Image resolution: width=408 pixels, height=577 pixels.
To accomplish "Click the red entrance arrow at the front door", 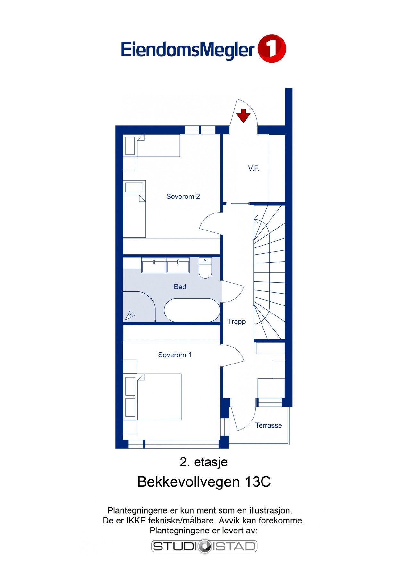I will click(243, 115).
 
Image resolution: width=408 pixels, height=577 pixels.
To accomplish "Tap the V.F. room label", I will click(254, 168).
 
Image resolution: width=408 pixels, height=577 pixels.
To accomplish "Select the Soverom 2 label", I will click(183, 197).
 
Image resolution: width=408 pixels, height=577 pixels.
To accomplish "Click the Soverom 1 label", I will click(175, 355).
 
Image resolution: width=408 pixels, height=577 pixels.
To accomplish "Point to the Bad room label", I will click(180, 287).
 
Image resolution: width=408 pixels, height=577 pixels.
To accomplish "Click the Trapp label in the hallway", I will click(237, 322).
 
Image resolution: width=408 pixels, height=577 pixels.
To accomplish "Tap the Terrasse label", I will click(269, 425).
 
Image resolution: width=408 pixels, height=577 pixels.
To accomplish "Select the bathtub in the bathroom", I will click(192, 310).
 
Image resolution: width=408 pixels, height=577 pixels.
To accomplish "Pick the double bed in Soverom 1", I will click(159, 397).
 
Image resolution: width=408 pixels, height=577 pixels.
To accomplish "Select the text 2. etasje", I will click(204, 462).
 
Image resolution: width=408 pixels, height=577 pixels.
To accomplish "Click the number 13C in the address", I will click(257, 482).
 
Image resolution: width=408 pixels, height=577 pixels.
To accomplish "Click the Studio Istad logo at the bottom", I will click(204, 547).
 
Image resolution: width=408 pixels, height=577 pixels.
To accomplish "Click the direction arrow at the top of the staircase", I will click(256, 220).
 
